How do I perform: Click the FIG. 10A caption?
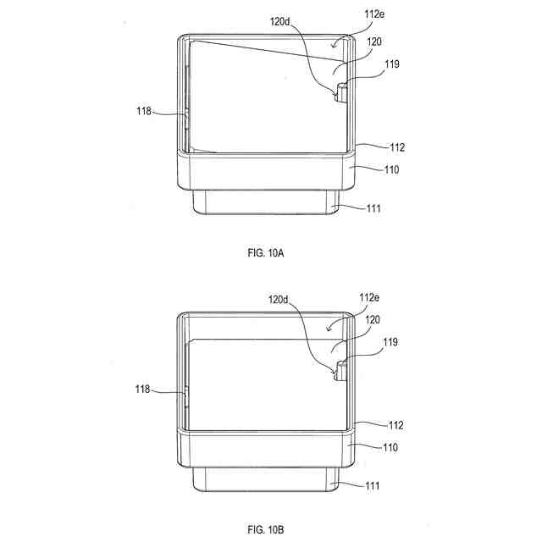pyautogui.click(x=265, y=252)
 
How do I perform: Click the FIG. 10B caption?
pyautogui.click(x=265, y=529)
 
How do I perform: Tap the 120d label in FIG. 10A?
pyautogui.click(x=280, y=21)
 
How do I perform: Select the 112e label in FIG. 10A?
pyautogui.click(x=374, y=14)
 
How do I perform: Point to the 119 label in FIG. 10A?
pyautogui.click(x=392, y=64)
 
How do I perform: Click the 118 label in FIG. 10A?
pyautogui.click(x=144, y=111)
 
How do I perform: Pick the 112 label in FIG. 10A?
pyautogui.click(x=397, y=147)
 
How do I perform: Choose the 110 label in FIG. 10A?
pyautogui.click(x=391, y=169)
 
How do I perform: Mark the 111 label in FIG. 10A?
pyautogui.click(x=373, y=208)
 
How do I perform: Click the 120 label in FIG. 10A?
pyautogui.click(x=374, y=41)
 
